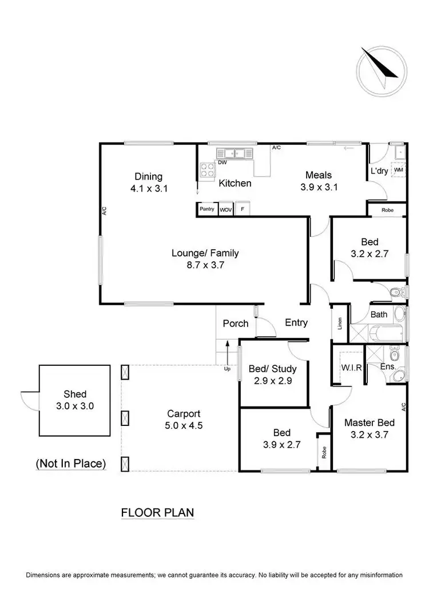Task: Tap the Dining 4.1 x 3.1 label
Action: tap(148, 182)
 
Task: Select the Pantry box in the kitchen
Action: tap(206, 209)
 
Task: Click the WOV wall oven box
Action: tap(225, 209)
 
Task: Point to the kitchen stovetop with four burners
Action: tap(206, 169)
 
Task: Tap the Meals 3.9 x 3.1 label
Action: tap(319, 181)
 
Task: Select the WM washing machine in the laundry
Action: tap(399, 170)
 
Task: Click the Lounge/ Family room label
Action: tap(205, 258)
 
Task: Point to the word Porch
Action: tap(235, 324)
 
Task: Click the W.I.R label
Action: tap(351, 368)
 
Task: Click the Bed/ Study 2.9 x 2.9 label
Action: tap(272, 374)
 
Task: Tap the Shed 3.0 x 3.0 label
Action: tap(75, 400)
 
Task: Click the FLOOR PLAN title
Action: tap(157, 513)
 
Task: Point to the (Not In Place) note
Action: tap(71, 464)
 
